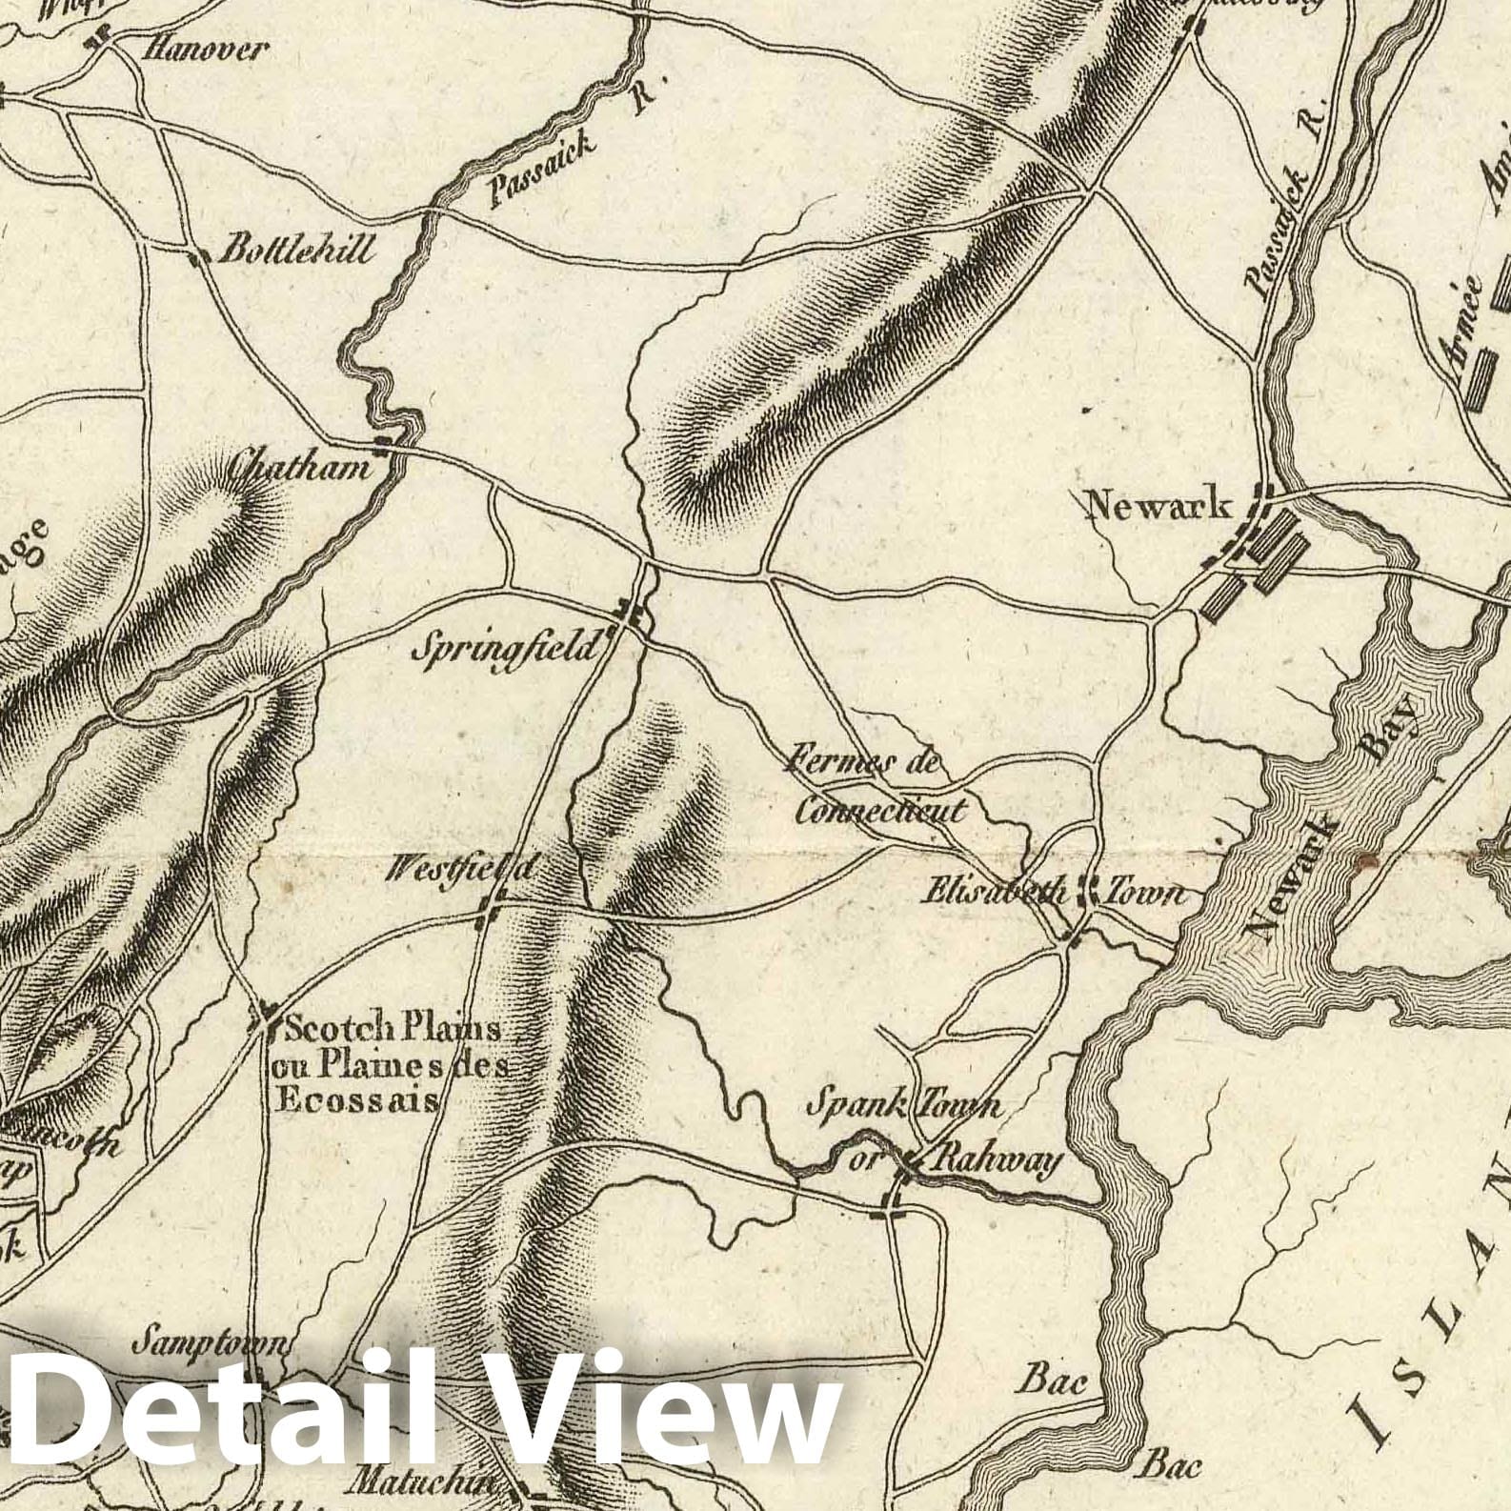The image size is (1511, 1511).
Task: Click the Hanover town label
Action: [202, 50]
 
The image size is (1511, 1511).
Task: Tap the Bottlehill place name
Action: [296, 251]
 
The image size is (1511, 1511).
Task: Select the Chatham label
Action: [298, 468]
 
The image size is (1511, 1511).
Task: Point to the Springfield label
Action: [508, 651]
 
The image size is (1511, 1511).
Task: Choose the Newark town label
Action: [1158, 504]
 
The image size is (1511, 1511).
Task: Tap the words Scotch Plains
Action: [393, 1029]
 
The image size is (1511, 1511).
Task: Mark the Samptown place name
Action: [210, 1344]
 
